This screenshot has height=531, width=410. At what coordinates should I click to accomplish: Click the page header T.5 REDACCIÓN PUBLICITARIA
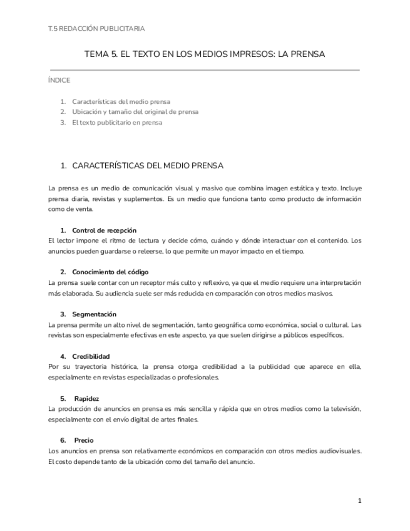click(96, 28)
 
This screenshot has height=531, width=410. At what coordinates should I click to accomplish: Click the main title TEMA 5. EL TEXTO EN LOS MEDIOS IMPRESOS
click(205, 54)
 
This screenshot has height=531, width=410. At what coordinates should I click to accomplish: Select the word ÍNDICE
click(59, 80)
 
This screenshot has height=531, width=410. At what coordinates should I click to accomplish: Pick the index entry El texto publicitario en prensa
click(117, 123)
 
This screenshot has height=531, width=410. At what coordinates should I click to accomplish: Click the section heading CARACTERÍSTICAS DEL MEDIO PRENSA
click(148, 166)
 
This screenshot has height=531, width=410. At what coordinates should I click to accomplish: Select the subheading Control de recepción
click(104, 230)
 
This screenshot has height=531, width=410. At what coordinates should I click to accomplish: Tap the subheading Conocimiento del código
click(110, 272)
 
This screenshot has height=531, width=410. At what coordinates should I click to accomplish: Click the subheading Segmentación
click(94, 314)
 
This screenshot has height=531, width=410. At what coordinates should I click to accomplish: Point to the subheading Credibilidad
click(91, 356)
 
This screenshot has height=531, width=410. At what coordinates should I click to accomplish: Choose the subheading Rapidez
click(86, 398)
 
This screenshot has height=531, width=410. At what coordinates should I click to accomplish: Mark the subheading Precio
click(84, 440)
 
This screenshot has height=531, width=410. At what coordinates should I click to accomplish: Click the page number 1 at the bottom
click(359, 500)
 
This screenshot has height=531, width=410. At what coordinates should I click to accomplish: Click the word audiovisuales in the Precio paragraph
click(339, 451)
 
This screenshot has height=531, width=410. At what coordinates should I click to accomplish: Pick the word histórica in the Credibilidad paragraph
click(120, 367)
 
